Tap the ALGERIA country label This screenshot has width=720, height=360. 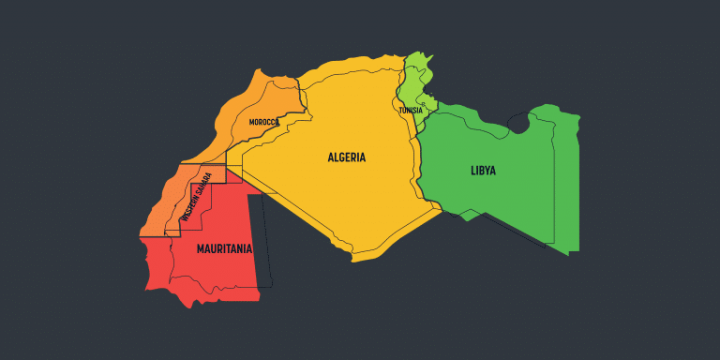(347, 157)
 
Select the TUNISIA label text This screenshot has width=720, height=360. (411, 110)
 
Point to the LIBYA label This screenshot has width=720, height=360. (484, 170)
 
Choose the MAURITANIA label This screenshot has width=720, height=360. (224, 249)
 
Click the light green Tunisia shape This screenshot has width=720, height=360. (412, 84)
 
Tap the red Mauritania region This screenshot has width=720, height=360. (216, 272)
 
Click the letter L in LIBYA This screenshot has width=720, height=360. (473, 170)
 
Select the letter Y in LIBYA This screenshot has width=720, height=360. (487, 170)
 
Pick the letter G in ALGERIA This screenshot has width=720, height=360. (340, 157)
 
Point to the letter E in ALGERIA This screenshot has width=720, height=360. (347, 157)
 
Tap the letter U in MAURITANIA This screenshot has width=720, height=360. (214, 249)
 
